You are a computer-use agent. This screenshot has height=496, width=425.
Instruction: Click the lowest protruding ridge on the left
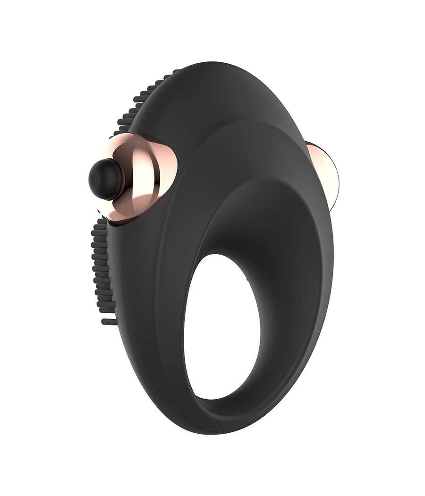click(109, 322)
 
